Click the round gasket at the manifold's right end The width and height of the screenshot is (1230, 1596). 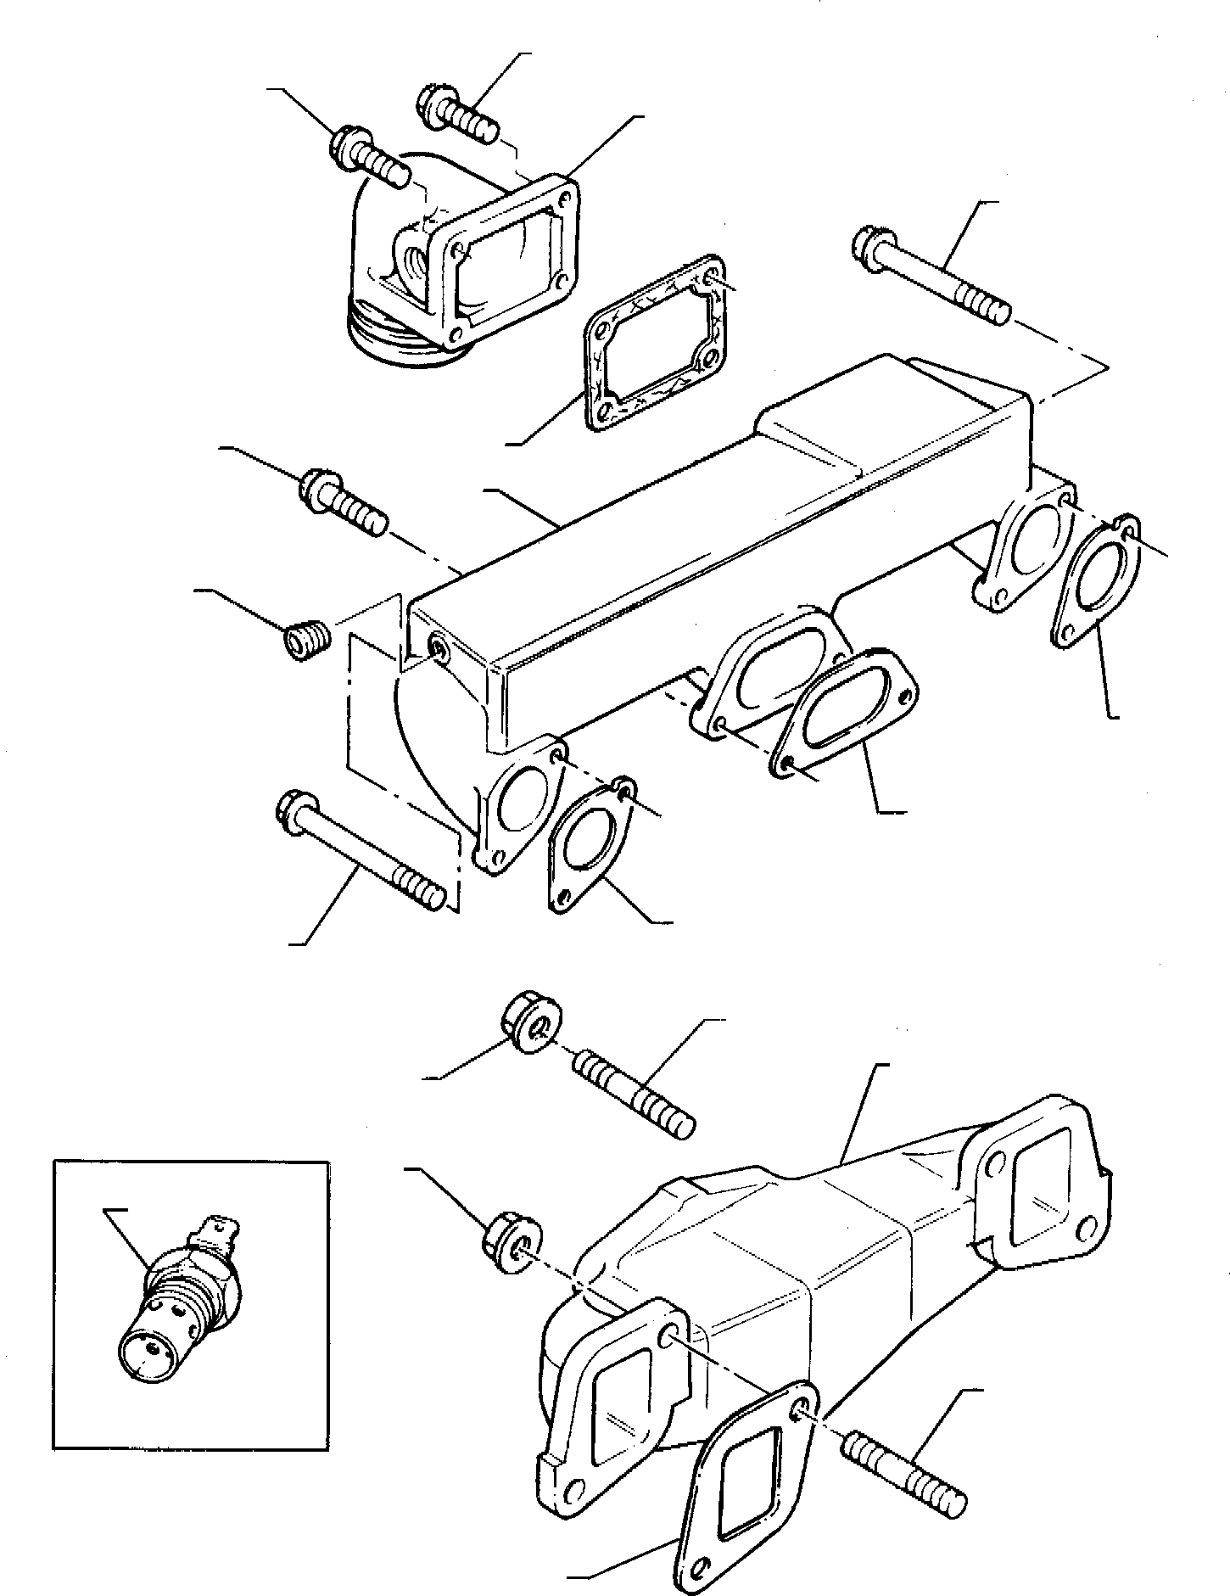pos(1094,585)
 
